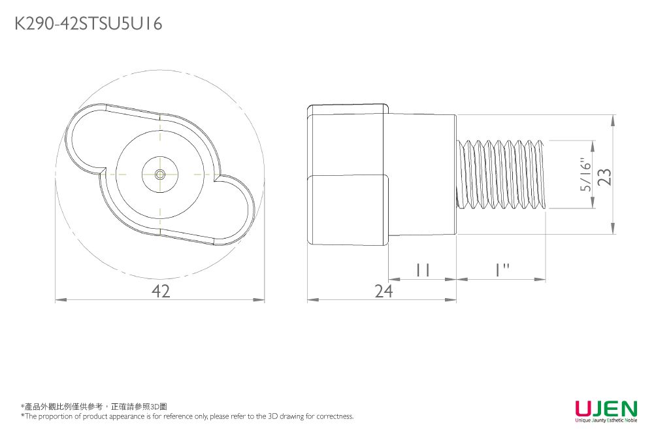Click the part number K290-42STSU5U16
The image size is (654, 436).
pos(88,24)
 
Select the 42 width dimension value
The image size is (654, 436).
pos(160,292)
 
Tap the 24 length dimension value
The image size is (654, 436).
pos(384,292)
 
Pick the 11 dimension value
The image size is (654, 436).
pos(422,270)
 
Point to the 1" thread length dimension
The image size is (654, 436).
pos(501,270)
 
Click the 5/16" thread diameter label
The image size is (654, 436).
pos(587,175)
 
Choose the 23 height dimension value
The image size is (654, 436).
pos(605,175)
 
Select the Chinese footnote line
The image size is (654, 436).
pos(98,407)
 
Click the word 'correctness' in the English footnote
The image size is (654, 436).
pos(335,416)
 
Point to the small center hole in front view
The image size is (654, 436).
pos(160,175)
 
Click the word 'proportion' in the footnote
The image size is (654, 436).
pos(59,416)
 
